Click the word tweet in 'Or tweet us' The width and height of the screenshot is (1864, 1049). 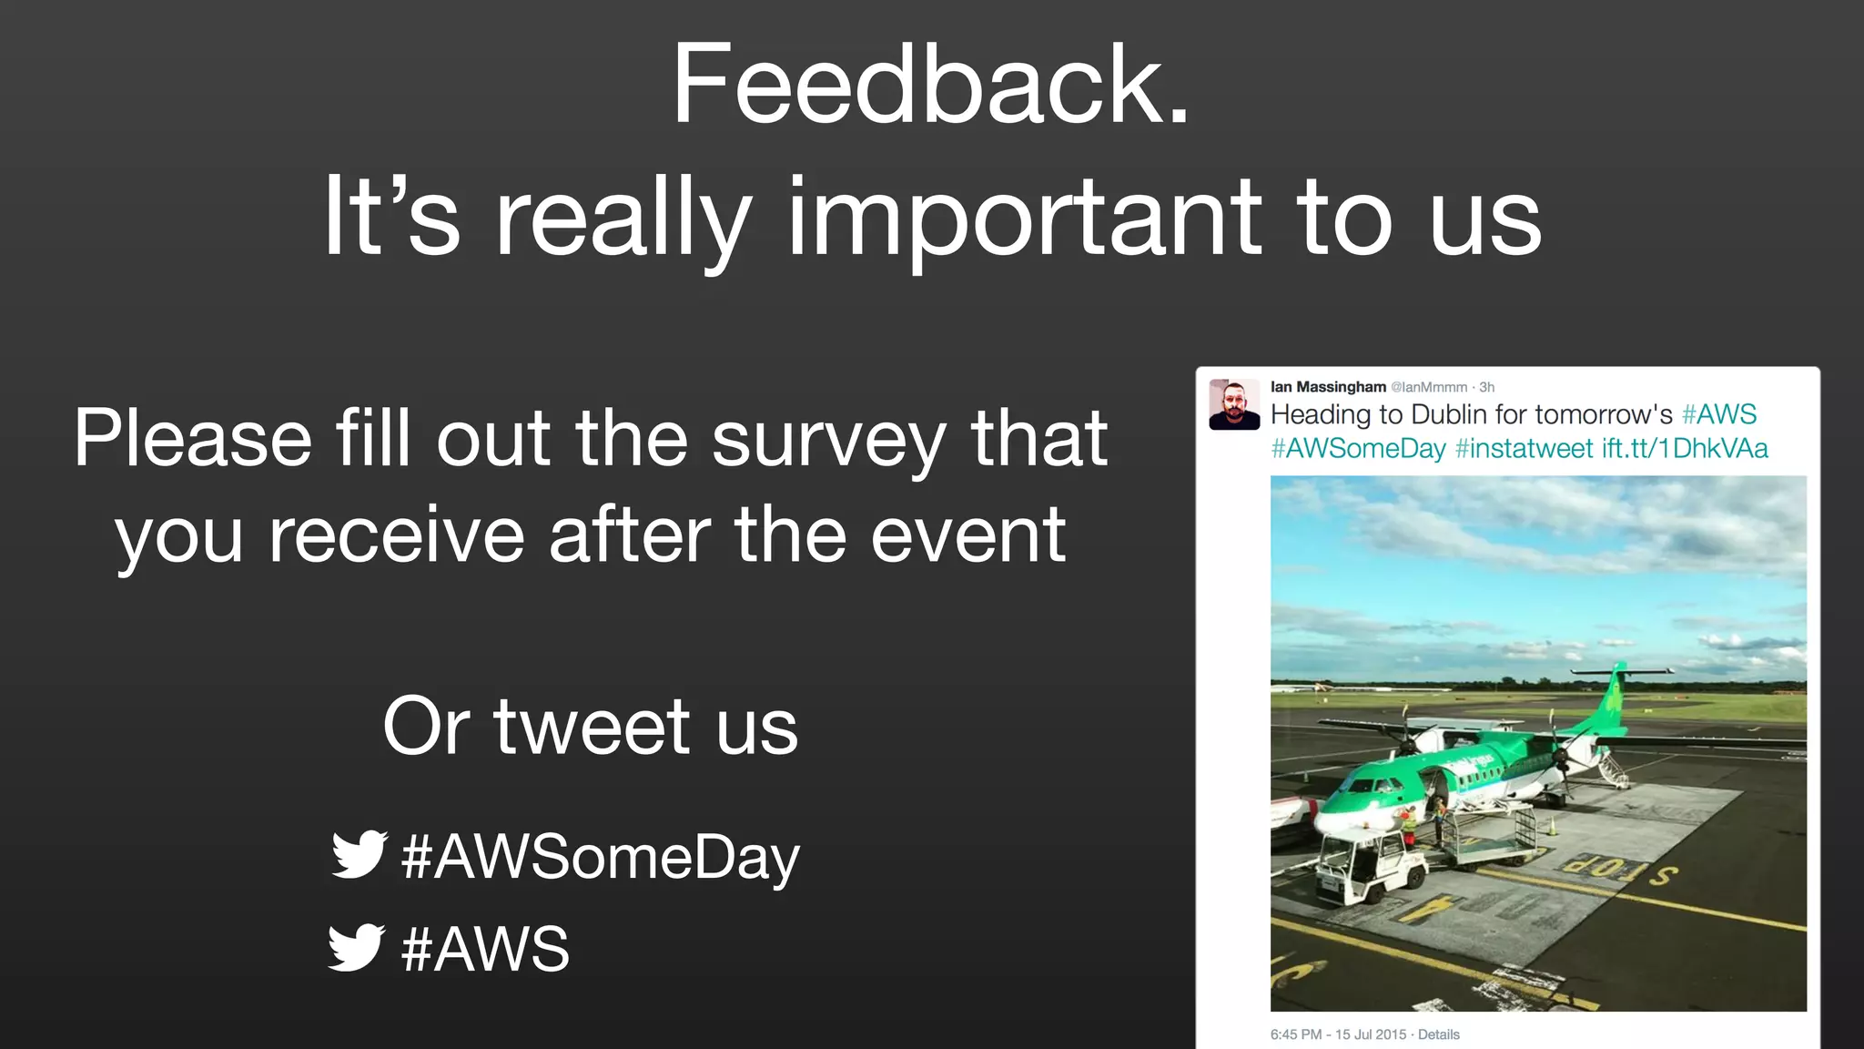point(592,727)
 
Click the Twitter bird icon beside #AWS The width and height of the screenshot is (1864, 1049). point(356,947)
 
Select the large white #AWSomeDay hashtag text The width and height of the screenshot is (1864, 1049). point(601,858)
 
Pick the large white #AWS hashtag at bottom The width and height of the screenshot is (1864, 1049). point(485,949)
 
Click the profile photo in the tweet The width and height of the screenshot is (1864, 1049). point(1233,405)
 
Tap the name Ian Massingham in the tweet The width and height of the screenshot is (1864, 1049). point(1328,387)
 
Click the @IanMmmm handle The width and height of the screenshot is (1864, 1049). point(1429,388)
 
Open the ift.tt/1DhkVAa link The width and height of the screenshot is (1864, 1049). point(1685,449)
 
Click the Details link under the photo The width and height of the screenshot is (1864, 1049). point(1438,1034)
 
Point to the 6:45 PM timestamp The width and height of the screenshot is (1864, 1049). point(1296,1034)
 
